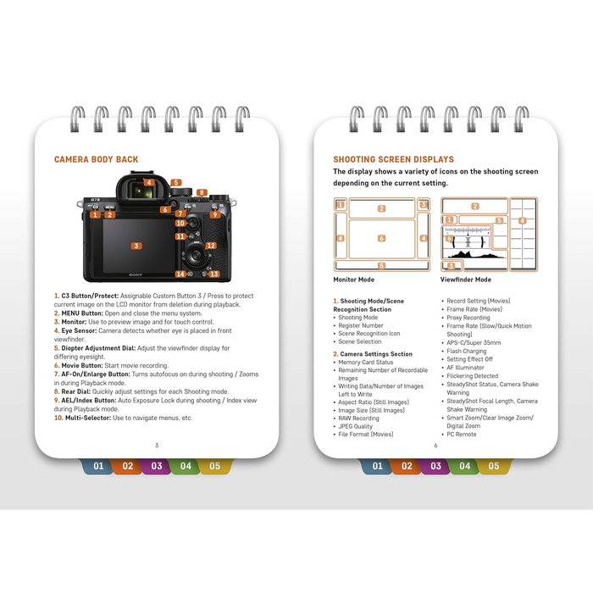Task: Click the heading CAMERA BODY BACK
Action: coord(97,159)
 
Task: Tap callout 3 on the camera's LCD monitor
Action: coord(136,246)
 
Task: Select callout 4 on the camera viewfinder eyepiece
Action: coord(148,182)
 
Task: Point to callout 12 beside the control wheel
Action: coord(211,246)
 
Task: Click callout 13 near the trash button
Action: coord(214,274)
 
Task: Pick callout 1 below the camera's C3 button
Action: coord(96,214)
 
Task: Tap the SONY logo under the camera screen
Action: coord(136,274)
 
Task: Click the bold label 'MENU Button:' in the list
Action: coord(79,313)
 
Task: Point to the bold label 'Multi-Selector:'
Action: coord(88,418)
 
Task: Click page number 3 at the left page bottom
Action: coord(156,446)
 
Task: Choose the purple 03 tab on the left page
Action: coord(157,466)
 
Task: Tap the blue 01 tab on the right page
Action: coord(377,466)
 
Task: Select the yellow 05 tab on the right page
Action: coord(493,466)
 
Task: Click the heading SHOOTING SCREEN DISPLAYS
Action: coord(393,159)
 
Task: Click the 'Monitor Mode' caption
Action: coord(355,279)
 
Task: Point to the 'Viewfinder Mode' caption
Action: coord(465,279)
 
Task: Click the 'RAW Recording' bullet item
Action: coord(359,418)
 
